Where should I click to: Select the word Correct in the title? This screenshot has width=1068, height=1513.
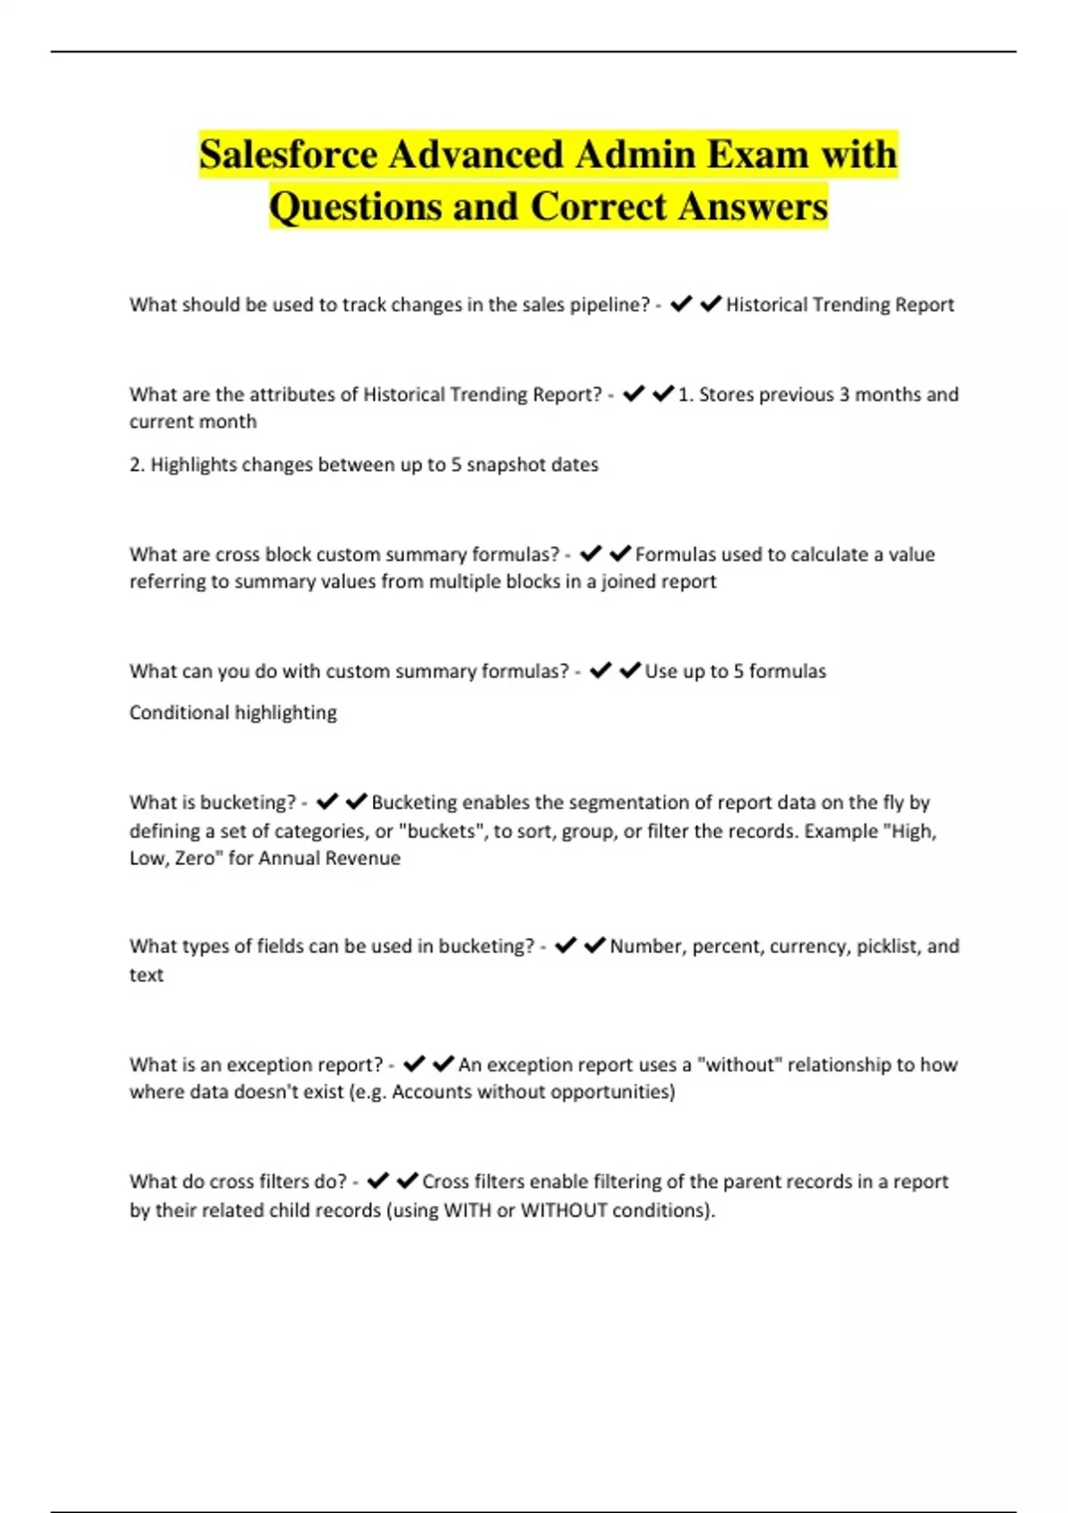[598, 206]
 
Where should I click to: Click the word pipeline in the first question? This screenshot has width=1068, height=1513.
[609, 305]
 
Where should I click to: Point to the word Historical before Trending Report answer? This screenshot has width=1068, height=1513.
[767, 305]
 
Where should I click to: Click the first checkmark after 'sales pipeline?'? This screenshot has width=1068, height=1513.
[681, 304]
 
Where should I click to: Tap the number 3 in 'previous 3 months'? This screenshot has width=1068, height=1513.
[845, 394]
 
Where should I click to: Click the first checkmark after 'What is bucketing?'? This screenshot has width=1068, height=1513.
[328, 802]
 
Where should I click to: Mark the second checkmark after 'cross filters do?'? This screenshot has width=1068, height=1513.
[408, 1181]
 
